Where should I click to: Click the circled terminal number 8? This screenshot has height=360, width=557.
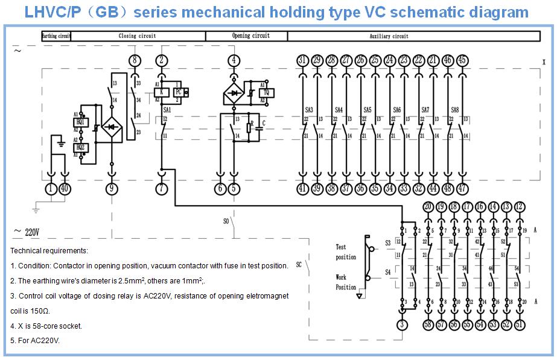pos(135,60)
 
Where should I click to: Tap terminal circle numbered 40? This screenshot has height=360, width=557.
pos(65,189)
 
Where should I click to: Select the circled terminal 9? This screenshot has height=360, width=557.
pos(111,189)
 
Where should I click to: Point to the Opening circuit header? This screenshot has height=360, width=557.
pos(251,36)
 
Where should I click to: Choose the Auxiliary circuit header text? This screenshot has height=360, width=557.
pos(389,36)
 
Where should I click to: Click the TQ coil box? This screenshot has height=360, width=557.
pos(266,92)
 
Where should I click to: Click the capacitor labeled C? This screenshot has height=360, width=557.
pos(261,125)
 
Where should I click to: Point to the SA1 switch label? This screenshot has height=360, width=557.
pos(168,110)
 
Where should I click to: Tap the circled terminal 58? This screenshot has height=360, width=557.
pos(428,325)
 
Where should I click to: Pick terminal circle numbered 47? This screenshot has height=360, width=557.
pos(463,189)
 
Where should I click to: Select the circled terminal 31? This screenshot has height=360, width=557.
pos(303,60)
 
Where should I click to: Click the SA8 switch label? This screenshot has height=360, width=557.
pos(455,110)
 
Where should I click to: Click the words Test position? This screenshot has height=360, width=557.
pos(346,252)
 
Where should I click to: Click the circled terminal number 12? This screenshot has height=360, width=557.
pos(520,207)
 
